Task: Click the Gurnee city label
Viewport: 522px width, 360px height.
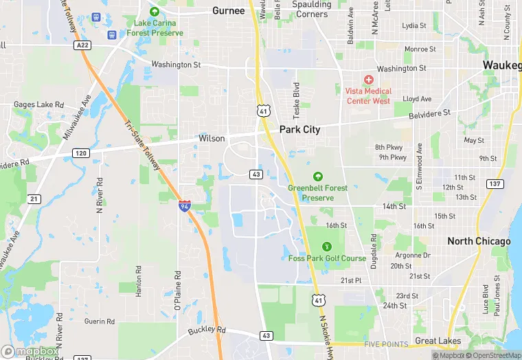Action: [x=228, y=10]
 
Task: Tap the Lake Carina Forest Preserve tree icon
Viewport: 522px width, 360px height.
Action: [x=154, y=12]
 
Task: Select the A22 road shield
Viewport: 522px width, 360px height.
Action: [x=83, y=45]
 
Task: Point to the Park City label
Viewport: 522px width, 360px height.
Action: [x=299, y=129]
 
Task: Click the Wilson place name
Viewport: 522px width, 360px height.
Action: [x=212, y=138]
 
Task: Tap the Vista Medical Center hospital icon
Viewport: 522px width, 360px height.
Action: [x=368, y=80]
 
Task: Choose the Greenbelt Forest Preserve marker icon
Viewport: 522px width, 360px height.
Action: [x=317, y=177]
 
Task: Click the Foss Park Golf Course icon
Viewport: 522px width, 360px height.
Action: [x=326, y=246]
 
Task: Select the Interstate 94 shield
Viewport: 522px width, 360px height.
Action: [x=184, y=205]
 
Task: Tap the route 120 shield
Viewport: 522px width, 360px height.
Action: [x=81, y=153]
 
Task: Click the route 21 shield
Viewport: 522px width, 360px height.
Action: [x=34, y=199]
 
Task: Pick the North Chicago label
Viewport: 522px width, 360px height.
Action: [x=479, y=241]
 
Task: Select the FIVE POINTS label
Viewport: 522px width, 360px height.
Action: [x=386, y=344]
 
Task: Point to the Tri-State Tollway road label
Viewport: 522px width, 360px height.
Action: [x=143, y=143]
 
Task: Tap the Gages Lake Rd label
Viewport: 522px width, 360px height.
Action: [x=39, y=104]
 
